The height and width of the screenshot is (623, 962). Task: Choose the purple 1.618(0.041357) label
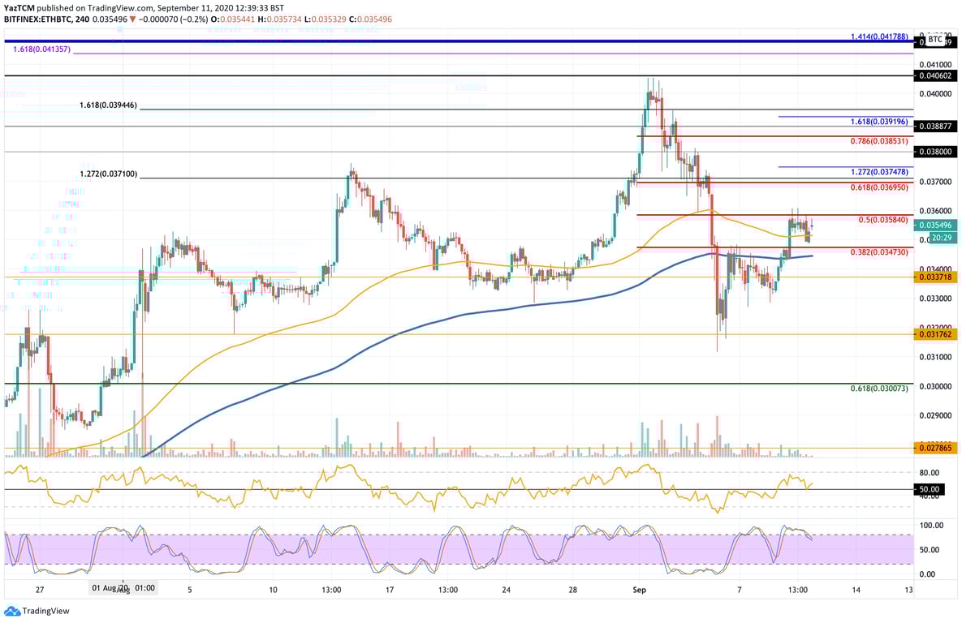pyautogui.click(x=42, y=49)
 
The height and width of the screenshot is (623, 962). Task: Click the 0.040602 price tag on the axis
pyautogui.click(x=935, y=75)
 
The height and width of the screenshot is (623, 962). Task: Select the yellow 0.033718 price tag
pyautogui.click(x=935, y=277)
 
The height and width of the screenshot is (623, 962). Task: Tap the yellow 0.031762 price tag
pyautogui.click(x=935, y=333)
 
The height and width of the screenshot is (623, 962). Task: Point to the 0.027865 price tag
pyautogui.click(x=935, y=448)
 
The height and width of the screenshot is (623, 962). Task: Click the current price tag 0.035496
pyautogui.click(x=935, y=225)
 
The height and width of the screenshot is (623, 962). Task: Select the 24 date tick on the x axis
pyautogui.click(x=507, y=590)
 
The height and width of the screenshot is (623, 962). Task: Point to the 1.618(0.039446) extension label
pyautogui.click(x=108, y=105)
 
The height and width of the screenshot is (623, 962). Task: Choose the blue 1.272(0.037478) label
pyautogui.click(x=880, y=173)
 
